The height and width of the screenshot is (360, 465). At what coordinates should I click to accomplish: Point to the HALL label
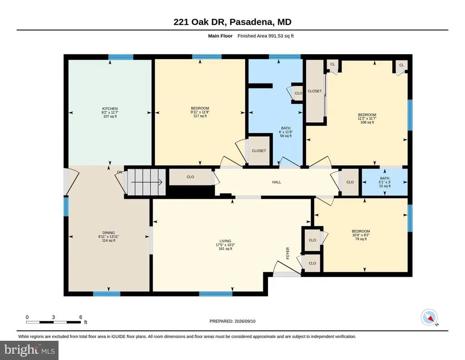(x=277, y=182)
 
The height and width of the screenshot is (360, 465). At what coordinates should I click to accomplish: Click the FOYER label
(x=287, y=254)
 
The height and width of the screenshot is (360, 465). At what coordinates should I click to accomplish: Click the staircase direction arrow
(x=147, y=182)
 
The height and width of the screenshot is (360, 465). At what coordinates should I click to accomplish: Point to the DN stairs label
(x=119, y=172)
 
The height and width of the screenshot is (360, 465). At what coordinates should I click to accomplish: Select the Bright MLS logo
(x=29, y=350)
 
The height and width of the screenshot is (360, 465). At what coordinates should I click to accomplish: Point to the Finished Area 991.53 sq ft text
(x=266, y=36)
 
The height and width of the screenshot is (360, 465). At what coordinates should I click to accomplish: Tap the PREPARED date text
(x=232, y=321)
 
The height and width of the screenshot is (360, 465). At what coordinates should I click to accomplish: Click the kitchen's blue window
(x=121, y=57)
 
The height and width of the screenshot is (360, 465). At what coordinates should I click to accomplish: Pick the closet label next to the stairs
(x=190, y=177)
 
